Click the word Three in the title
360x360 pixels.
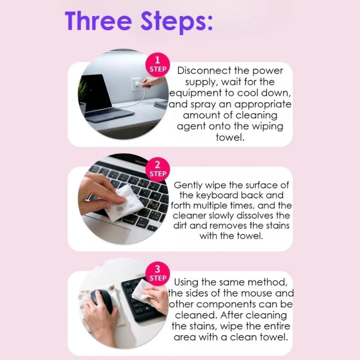pos(98,21)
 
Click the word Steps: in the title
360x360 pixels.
pos(176,22)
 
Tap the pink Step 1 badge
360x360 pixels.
pos(158,65)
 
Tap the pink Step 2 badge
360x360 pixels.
pos(158,170)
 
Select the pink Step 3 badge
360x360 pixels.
pos(158,274)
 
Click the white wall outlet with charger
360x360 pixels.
pos(137,84)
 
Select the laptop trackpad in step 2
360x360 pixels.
pos(108,229)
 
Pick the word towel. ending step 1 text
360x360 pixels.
pos(230,137)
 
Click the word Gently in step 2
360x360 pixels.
pos(188,185)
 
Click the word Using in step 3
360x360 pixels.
pos(186,283)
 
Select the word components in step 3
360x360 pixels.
pos(226,305)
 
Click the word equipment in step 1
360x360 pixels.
pos(196,94)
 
